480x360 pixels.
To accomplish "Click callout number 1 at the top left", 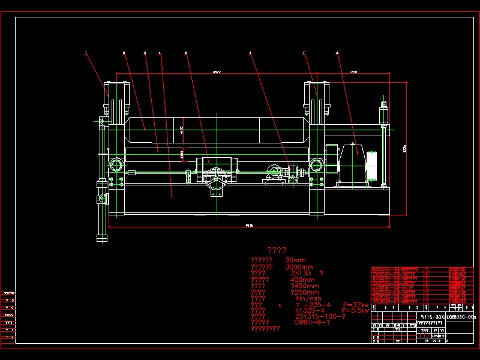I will (86, 53).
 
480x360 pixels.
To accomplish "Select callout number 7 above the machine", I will (304, 53).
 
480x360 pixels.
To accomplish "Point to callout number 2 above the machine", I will (124, 53).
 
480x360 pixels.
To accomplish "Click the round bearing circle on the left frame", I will (115, 164).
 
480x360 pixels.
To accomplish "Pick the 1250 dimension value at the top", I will (353, 73).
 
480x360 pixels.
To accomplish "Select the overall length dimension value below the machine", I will (249, 225).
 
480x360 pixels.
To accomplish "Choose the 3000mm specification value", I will (299, 268).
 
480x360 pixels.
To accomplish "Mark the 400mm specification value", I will (302, 280).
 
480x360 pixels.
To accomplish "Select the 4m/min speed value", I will (308, 298).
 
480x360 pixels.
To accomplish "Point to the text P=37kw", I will (356, 305).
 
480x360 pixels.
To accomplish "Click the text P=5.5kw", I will (356, 310).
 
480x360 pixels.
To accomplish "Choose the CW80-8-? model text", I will (312, 322).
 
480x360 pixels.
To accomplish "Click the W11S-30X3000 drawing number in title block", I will (437, 316).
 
